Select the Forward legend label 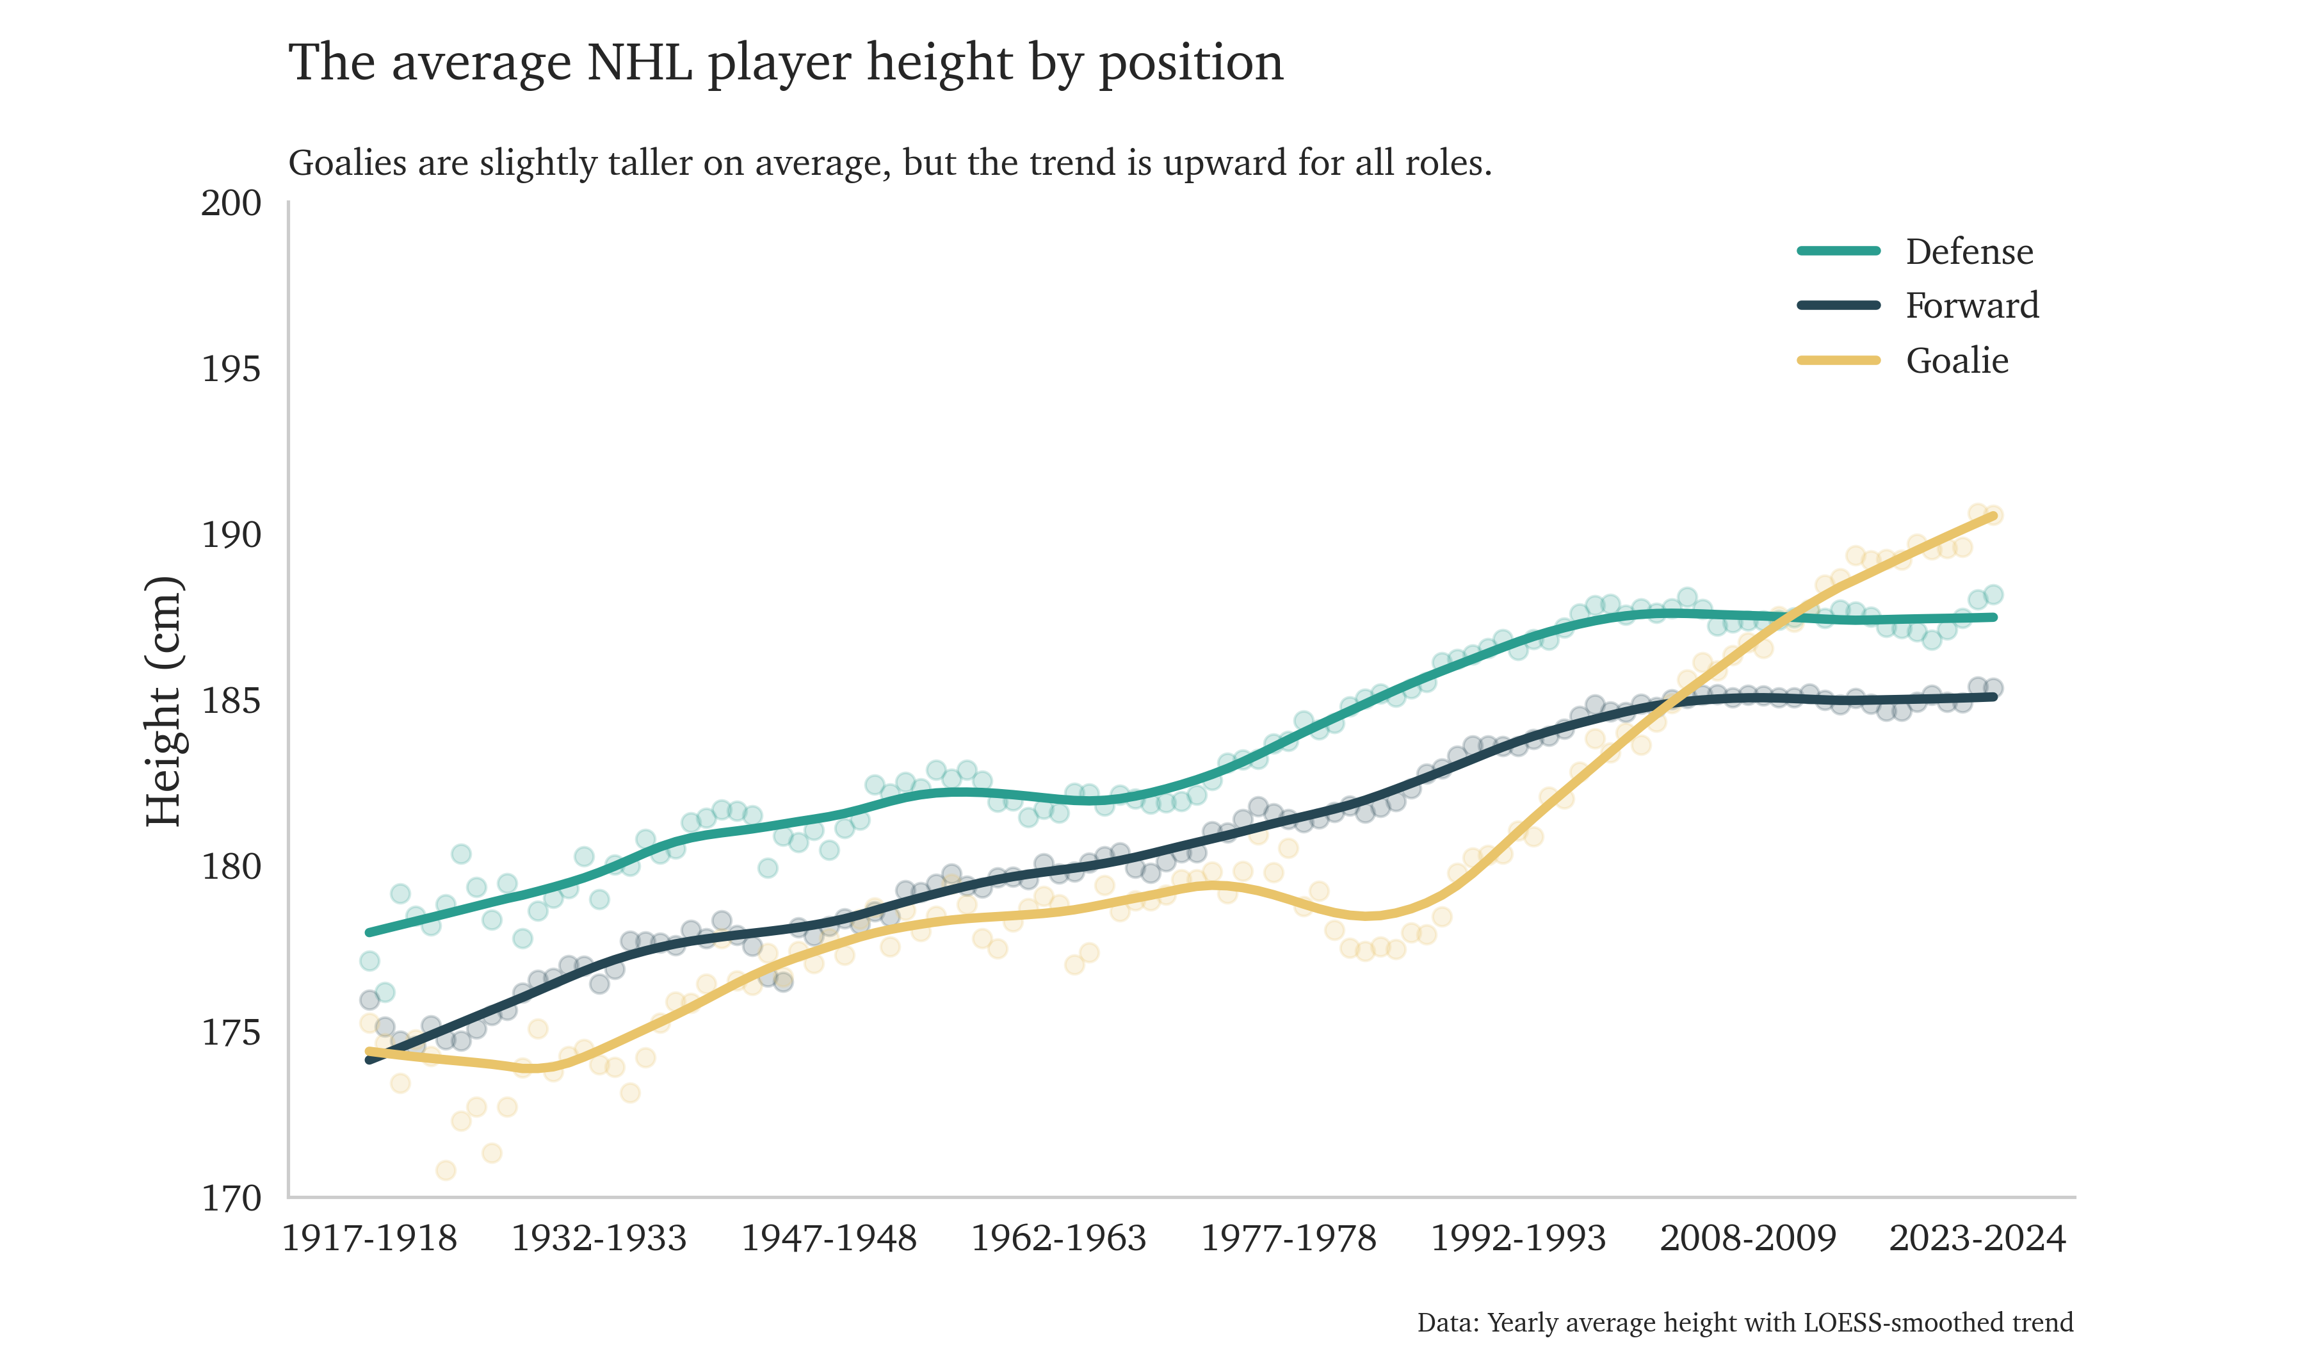click(x=1971, y=306)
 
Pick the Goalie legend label click(x=1957, y=361)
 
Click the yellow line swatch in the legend click(x=1838, y=361)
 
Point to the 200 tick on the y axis click(x=230, y=203)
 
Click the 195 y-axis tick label click(x=230, y=370)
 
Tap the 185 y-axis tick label click(x=230, y=702)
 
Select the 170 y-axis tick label click(x=230, y=1198)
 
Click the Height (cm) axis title click(x=165, y=702)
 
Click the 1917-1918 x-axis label click(x=369, y=1239)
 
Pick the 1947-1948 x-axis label click(x=829, y=1239)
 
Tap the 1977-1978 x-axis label click(x=1288, y=1239)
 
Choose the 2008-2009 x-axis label click(x=1748, y=1239)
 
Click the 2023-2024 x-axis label click(x=1978, y=1239)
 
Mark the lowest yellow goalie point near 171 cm click(x=446, y=1170)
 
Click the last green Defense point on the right click(x=1994, y=595)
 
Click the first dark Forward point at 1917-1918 click(x=369, y=999)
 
